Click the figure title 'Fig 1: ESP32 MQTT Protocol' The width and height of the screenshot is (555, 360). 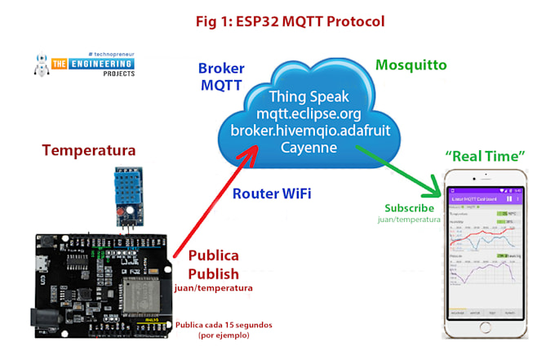[x=277, y=20]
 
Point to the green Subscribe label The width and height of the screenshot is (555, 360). [x=409, y=207]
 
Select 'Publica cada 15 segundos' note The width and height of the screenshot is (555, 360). [x=224, y=324]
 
